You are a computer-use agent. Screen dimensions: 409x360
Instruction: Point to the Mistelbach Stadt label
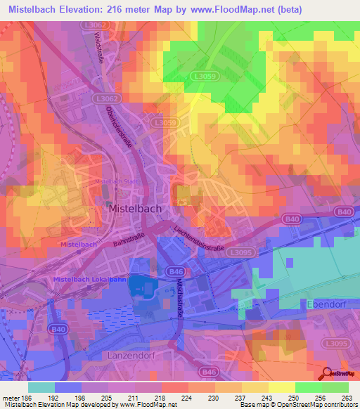pyautogui.click(x=115, y=182)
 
